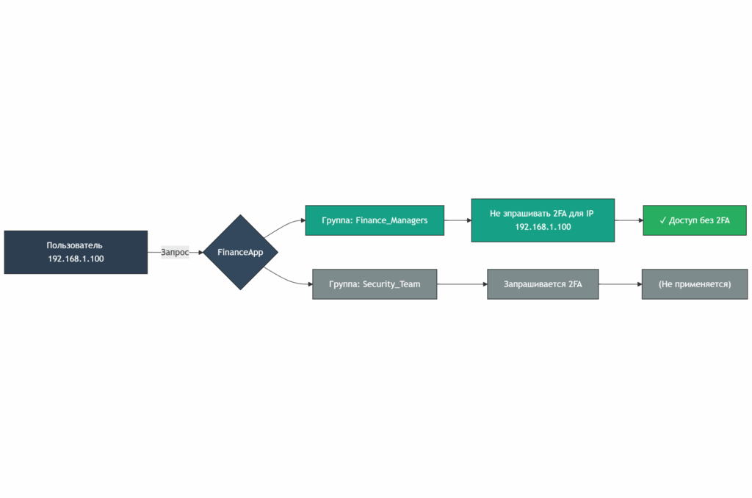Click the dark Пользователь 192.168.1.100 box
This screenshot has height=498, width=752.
tap(76, 252)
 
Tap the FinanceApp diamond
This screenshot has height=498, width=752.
tap(240, 253)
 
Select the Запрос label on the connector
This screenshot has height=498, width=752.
tap(175, 253)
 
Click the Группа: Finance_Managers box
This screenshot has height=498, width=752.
tap(375, 220)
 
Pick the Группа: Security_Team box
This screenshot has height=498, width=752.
tap(375, 284)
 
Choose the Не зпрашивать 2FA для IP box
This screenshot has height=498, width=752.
tap(543, 220)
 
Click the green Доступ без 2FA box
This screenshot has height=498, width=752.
tap(695, 220)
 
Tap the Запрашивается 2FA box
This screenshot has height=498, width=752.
tap(543, 284)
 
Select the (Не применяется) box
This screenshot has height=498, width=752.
tap(695, 284)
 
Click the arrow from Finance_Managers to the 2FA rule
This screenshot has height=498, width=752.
tap(458, 220)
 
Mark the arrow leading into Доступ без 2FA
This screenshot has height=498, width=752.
tap(629, 220)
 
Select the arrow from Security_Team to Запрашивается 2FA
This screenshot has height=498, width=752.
tap(462, 284)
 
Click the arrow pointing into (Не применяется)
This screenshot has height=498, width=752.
tap(620, 284)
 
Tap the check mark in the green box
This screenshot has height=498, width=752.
tap(663, 220)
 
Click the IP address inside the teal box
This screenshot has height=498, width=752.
tap(543, 227)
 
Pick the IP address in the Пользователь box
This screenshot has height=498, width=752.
tap(76, 259)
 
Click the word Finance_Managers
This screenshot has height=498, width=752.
tap(391, 220)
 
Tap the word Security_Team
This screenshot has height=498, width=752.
tap(391, 284)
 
